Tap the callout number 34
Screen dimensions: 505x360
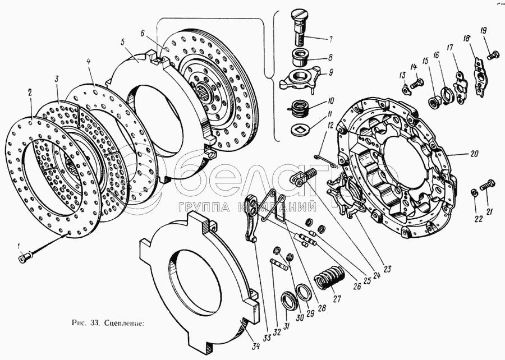click(256, 346)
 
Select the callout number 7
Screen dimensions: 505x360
click(330, 40)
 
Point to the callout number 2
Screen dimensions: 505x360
click(30, 93)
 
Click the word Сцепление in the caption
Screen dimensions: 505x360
click(125, 323)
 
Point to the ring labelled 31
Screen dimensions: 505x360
click(288, 301)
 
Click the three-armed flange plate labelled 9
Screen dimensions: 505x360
click(300, 79)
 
